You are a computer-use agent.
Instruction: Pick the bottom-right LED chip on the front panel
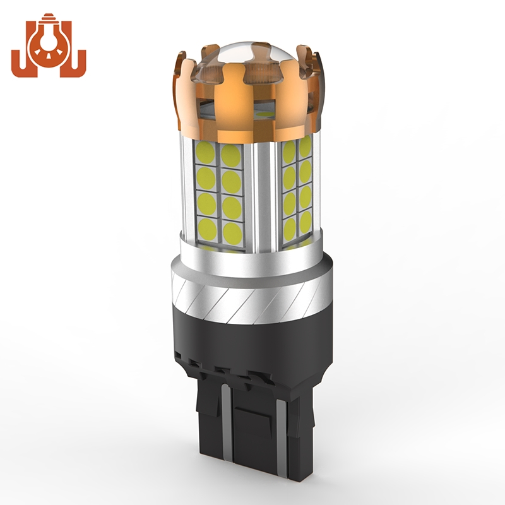coord(232,232)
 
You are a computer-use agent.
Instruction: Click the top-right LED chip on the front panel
coord(230,155)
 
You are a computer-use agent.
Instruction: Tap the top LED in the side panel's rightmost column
coord(304,149)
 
